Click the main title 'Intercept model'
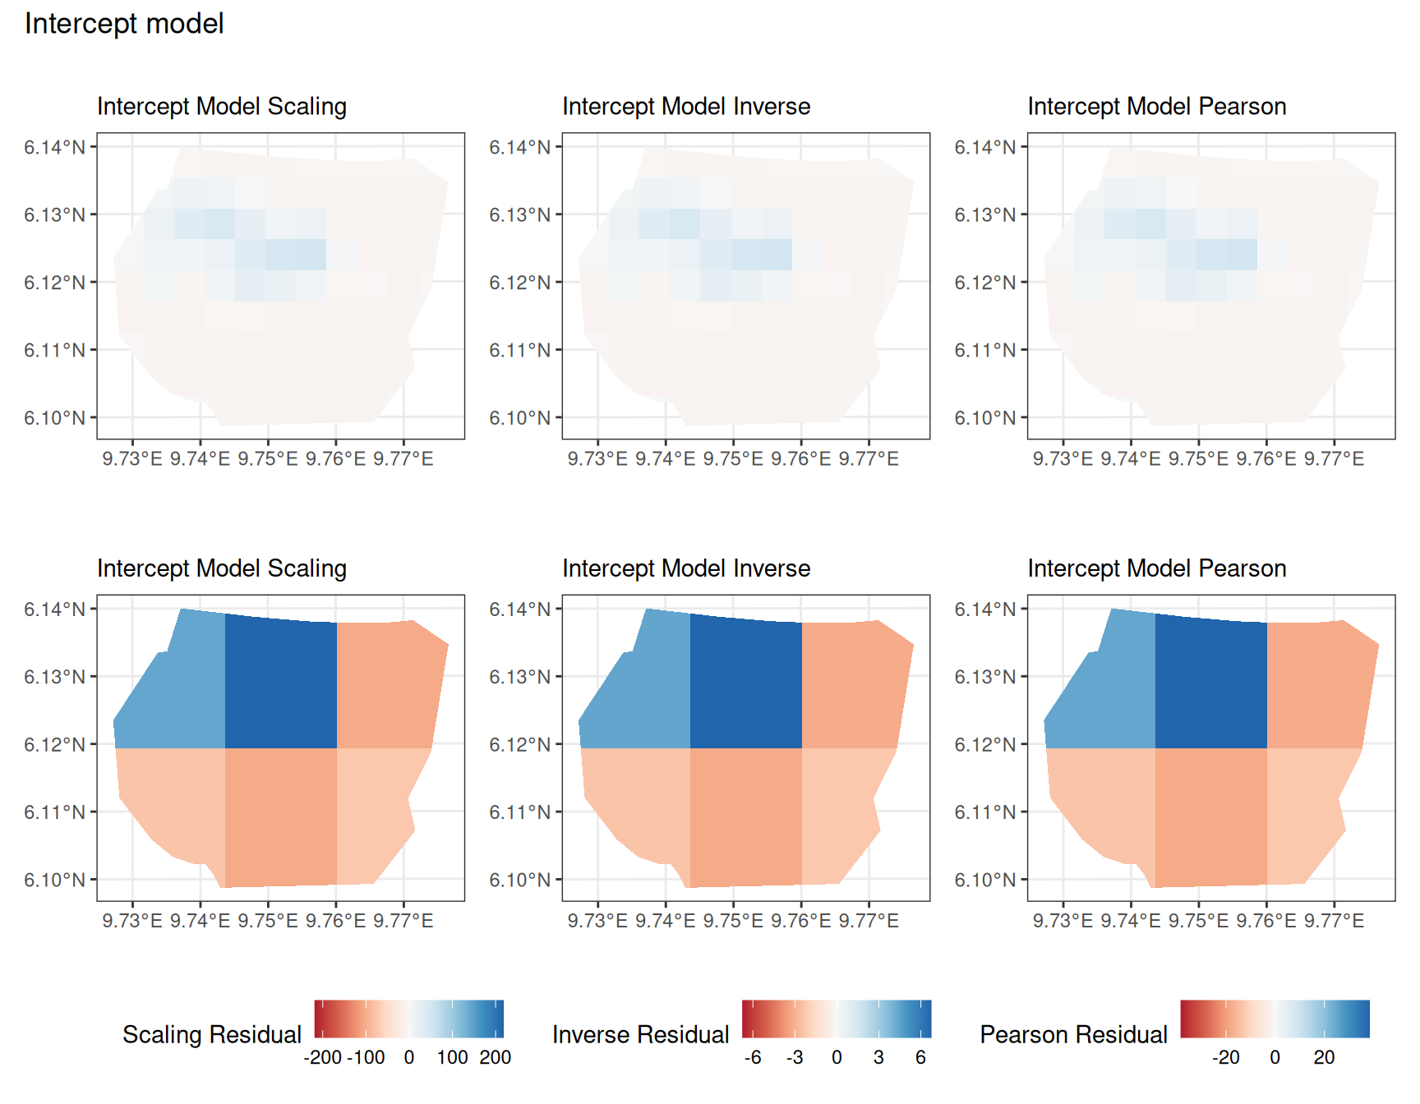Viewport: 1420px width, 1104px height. [124, 24]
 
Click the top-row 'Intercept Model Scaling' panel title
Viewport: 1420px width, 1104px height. [222, 107]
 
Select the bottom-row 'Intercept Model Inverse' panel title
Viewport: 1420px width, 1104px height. [686, 568]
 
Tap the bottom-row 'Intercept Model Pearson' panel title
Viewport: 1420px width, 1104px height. [1157, 568]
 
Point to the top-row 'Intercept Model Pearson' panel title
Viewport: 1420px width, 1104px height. [1157, 107]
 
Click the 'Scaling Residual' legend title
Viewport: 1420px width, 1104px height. [212, 1034]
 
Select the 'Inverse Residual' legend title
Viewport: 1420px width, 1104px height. [641, 1034]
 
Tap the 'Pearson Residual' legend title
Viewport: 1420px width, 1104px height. [1074, 1034]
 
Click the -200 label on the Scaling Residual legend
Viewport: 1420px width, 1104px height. [323, 1057]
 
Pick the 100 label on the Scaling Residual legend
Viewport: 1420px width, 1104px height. [453, 1057]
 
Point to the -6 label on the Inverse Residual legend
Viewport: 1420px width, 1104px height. [753, 1057]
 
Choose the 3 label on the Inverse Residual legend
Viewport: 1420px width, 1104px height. [878, 1057]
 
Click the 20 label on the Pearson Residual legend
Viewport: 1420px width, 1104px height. [1324, 1057]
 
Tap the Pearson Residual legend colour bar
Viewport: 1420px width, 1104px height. [1275, 1019]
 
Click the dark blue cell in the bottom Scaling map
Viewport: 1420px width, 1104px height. [281, 683]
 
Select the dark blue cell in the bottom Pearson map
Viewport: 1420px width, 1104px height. [1211, 683]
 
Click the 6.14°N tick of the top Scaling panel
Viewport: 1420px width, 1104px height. [54, 147]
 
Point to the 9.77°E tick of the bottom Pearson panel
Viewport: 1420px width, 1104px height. [1334, 921]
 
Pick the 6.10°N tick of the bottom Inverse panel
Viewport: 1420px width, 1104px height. [519, 880]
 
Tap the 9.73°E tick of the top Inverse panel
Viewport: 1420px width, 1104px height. [597, 459]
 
